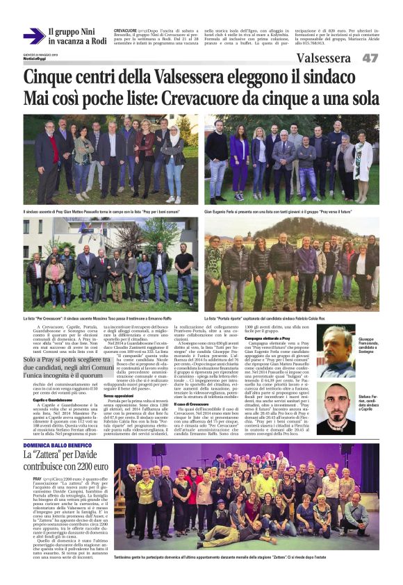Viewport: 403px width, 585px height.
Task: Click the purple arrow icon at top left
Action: pyautogui.click(x=33, y=35)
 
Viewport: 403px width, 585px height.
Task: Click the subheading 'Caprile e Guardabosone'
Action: pyautogui.click(x=48, y=399)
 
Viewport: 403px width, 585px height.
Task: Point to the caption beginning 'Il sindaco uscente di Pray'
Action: pyautogui.click(x=97, y=207)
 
